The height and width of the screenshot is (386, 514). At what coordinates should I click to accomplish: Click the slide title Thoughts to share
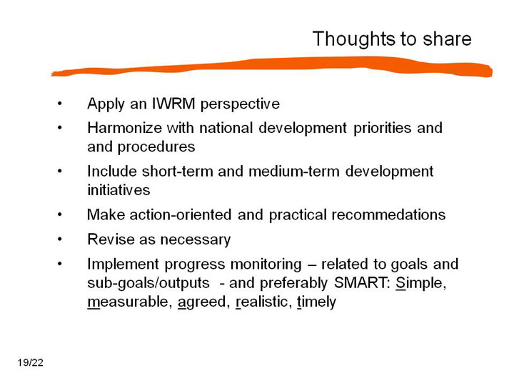[392, 39]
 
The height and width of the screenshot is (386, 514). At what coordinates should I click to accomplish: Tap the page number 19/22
[31, 362]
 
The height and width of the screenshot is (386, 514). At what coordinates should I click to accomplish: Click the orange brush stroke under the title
[272, 67]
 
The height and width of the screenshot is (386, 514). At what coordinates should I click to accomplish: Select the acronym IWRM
[173, 104]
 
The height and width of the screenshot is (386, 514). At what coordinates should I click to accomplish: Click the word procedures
[156, 147]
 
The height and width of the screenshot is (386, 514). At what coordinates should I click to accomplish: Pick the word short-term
[177, 172]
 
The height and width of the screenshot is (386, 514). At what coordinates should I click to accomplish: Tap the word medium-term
[294, 172]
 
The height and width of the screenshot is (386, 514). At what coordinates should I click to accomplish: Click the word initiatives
[119, 190]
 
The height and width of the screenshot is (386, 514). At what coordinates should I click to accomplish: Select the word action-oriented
[181, 214]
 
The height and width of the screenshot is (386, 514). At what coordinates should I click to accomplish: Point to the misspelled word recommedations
[388, 214]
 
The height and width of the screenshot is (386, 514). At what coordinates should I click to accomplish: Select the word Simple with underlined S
[421, 283]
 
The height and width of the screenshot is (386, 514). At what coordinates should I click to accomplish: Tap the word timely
[317, 302]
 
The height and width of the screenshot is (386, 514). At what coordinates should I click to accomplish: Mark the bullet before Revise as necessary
[60, 239]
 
